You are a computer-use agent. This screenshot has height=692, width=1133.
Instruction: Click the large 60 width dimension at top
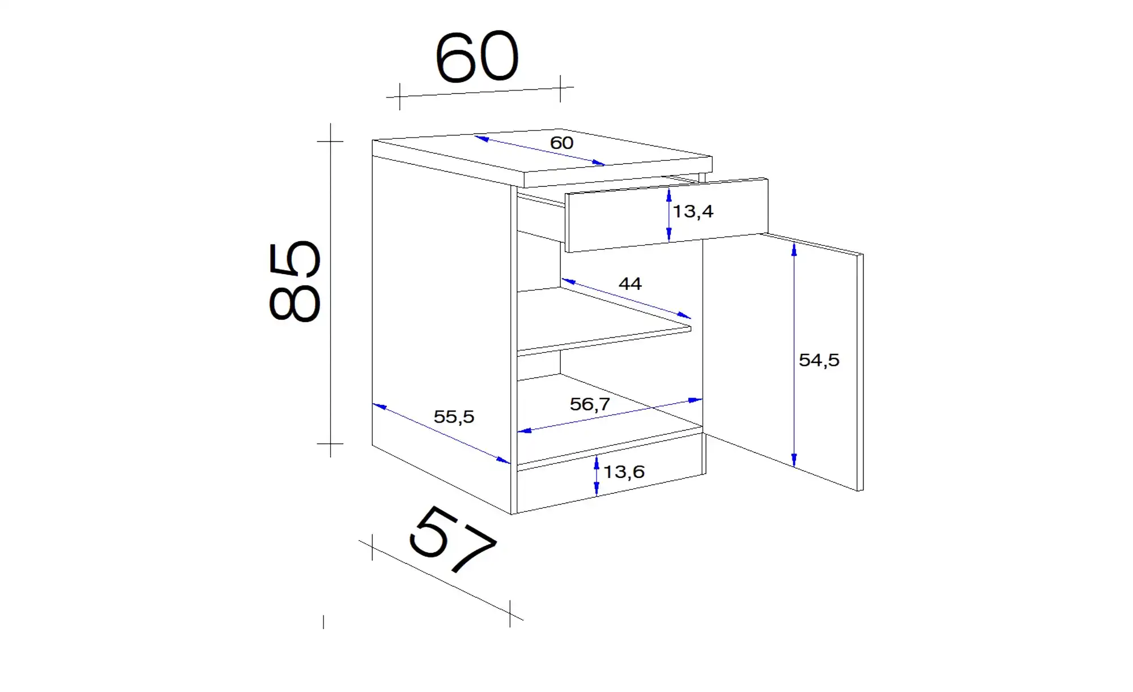[477, 57]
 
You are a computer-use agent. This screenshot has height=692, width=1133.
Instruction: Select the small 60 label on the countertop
[561, 143]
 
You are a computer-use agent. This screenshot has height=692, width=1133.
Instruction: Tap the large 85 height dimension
[295, 281]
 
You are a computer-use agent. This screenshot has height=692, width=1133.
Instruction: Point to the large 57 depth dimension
[452, 539]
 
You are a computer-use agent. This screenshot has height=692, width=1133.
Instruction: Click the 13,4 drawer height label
[693, 212]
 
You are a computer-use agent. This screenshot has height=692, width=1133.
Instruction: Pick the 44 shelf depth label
[630, 283]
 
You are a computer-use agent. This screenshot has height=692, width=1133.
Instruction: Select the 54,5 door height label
[819, 360]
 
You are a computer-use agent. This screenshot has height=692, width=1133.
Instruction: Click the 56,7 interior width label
[590, 404]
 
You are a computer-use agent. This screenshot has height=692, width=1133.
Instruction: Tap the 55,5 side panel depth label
[454, 417]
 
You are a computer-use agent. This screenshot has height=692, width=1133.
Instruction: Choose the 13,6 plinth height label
[624, 472]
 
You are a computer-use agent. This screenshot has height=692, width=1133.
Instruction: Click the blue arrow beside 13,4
[669, 215]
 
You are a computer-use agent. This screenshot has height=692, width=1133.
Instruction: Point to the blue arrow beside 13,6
[597, 476]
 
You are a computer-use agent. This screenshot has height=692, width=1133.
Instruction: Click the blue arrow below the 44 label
[626, 298]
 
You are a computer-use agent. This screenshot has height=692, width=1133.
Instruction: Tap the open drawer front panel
[667, 215]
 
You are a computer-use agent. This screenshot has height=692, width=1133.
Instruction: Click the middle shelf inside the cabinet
[604, 321]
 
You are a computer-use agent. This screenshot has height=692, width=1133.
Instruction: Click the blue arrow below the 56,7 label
[610, 416]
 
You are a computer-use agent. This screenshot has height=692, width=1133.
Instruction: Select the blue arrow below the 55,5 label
[441, 433]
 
